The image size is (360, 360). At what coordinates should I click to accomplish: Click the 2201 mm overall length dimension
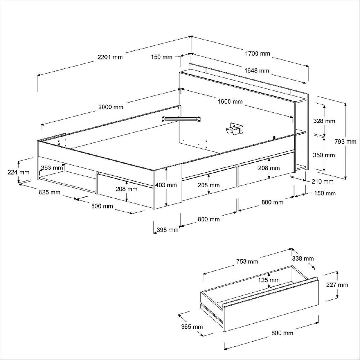click(110, 57)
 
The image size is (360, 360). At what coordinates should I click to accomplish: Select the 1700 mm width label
click(257, 54)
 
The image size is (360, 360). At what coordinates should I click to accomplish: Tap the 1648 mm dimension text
click(257, 71)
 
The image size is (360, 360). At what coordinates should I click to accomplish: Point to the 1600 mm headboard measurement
click(230, 102)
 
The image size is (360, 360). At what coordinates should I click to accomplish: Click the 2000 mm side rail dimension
click(111, 107)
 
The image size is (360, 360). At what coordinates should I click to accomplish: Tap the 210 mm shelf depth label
click(323, 181)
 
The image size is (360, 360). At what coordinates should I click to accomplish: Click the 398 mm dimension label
click(168, 230)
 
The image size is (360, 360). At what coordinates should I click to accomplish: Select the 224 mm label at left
click(18, 172)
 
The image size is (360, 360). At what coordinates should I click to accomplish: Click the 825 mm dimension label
click(50, 192)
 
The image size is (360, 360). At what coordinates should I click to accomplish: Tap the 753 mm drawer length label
click(247, 261)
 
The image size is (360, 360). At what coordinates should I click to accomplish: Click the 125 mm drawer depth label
click(269, 280)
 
